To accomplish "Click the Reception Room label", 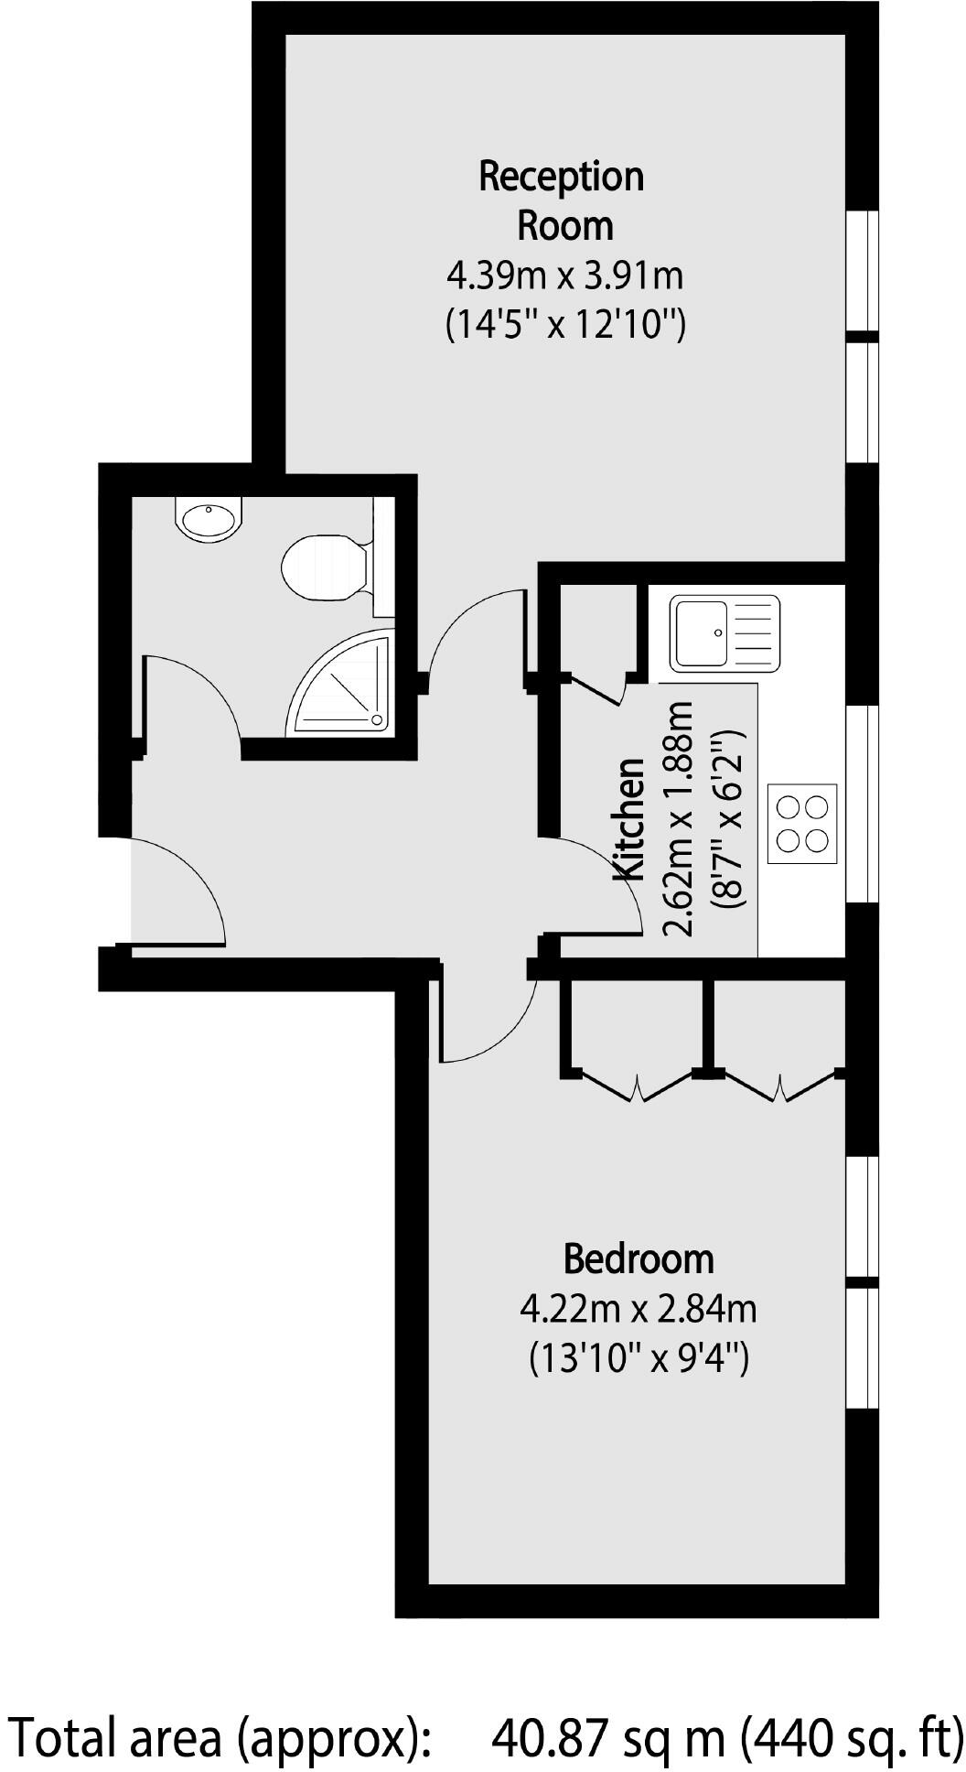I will [562, 200].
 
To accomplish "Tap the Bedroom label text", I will [638, 1259].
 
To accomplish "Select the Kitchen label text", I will [629, 820].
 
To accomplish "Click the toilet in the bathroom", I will [322, 567].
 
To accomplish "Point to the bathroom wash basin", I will [208, 519].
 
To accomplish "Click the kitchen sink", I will [724, 632].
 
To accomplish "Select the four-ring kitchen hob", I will [802, 823].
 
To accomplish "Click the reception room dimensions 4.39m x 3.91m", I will [564, 275].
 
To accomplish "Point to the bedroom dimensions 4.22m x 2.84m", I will [638, 1310].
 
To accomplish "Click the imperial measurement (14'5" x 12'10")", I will [564, 324].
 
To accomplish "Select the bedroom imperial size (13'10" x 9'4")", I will [639, 1358].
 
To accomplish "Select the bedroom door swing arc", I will [485, 1016].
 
